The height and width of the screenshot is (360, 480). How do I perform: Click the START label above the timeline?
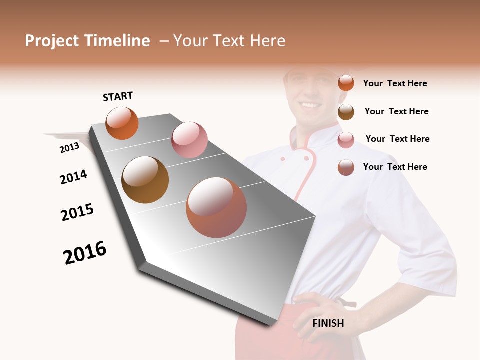coord(118,96)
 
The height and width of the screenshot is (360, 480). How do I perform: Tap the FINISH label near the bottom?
coord(328,323)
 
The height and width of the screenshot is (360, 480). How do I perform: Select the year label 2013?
coord(69,147)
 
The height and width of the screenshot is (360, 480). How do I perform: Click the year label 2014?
coord(73,177)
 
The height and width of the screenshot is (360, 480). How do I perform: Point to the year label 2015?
coord(77,212)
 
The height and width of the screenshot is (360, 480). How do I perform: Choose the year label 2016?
coord(85,253)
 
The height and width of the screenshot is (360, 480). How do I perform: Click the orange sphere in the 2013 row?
coord(122,123)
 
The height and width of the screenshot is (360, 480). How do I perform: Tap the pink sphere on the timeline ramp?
coord(189,140)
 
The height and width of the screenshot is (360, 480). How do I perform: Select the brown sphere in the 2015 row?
coord(145,180)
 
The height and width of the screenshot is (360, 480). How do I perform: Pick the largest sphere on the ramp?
coord(216,207)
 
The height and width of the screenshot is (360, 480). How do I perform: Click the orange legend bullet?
coord(346,83)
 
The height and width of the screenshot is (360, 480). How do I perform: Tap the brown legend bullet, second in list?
coord(346,111)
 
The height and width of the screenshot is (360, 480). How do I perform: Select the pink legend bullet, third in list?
coord(346,139)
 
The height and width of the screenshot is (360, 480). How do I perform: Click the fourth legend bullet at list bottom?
coord(346,167)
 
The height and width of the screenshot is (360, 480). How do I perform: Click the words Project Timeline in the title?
coord(87,41)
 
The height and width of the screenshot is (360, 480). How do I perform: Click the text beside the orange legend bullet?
coord(395,83)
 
